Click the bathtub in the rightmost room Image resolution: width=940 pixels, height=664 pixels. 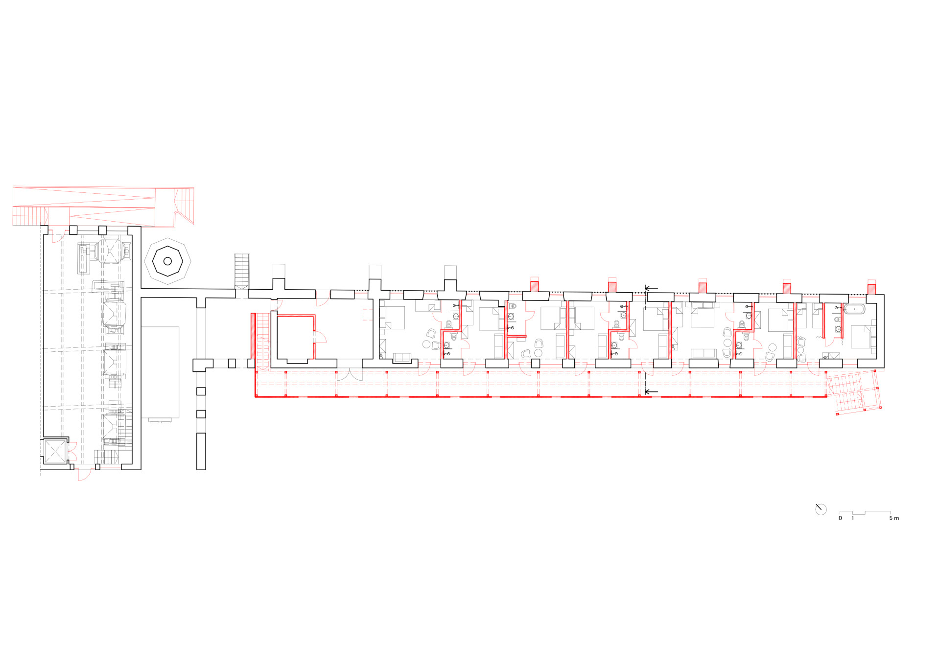pyautogui.click(x=854, y=309)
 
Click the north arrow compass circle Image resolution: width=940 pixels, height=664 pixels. pyautogui.click(x=821, y=509)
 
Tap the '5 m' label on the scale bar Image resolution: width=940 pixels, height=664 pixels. pyautogui.click(x=894, y=518)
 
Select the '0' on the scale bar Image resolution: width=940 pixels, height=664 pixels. pyautogui.click(x=841, y=518)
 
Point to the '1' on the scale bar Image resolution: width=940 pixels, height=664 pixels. pyautogui.click(x=853, y=518)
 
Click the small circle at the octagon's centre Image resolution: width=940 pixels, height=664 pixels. pyautogui.click(x=167, y=261)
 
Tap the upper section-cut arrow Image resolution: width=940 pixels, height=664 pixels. pyautogui.click(x=651, y=289)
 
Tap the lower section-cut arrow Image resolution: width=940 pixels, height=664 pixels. pyautogui.click(x=651, y=392)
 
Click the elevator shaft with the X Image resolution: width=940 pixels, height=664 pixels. pyautogui.click(x=55, y=452)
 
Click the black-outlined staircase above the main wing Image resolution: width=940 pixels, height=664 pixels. pyautogui.click(x=242, y=271)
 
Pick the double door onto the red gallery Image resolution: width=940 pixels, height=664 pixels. pyautogui.click(x=350, y=374)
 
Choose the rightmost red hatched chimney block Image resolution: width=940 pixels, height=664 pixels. pyautogui.click(x=871, y=289)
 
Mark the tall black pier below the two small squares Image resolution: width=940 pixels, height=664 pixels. pyautogui.click(x=201, y=451)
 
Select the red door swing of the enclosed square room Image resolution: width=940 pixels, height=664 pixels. pyautogui.click(x=319, y=336)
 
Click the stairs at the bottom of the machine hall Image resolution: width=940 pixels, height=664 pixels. pyautogui.click(x=106, y=457)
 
